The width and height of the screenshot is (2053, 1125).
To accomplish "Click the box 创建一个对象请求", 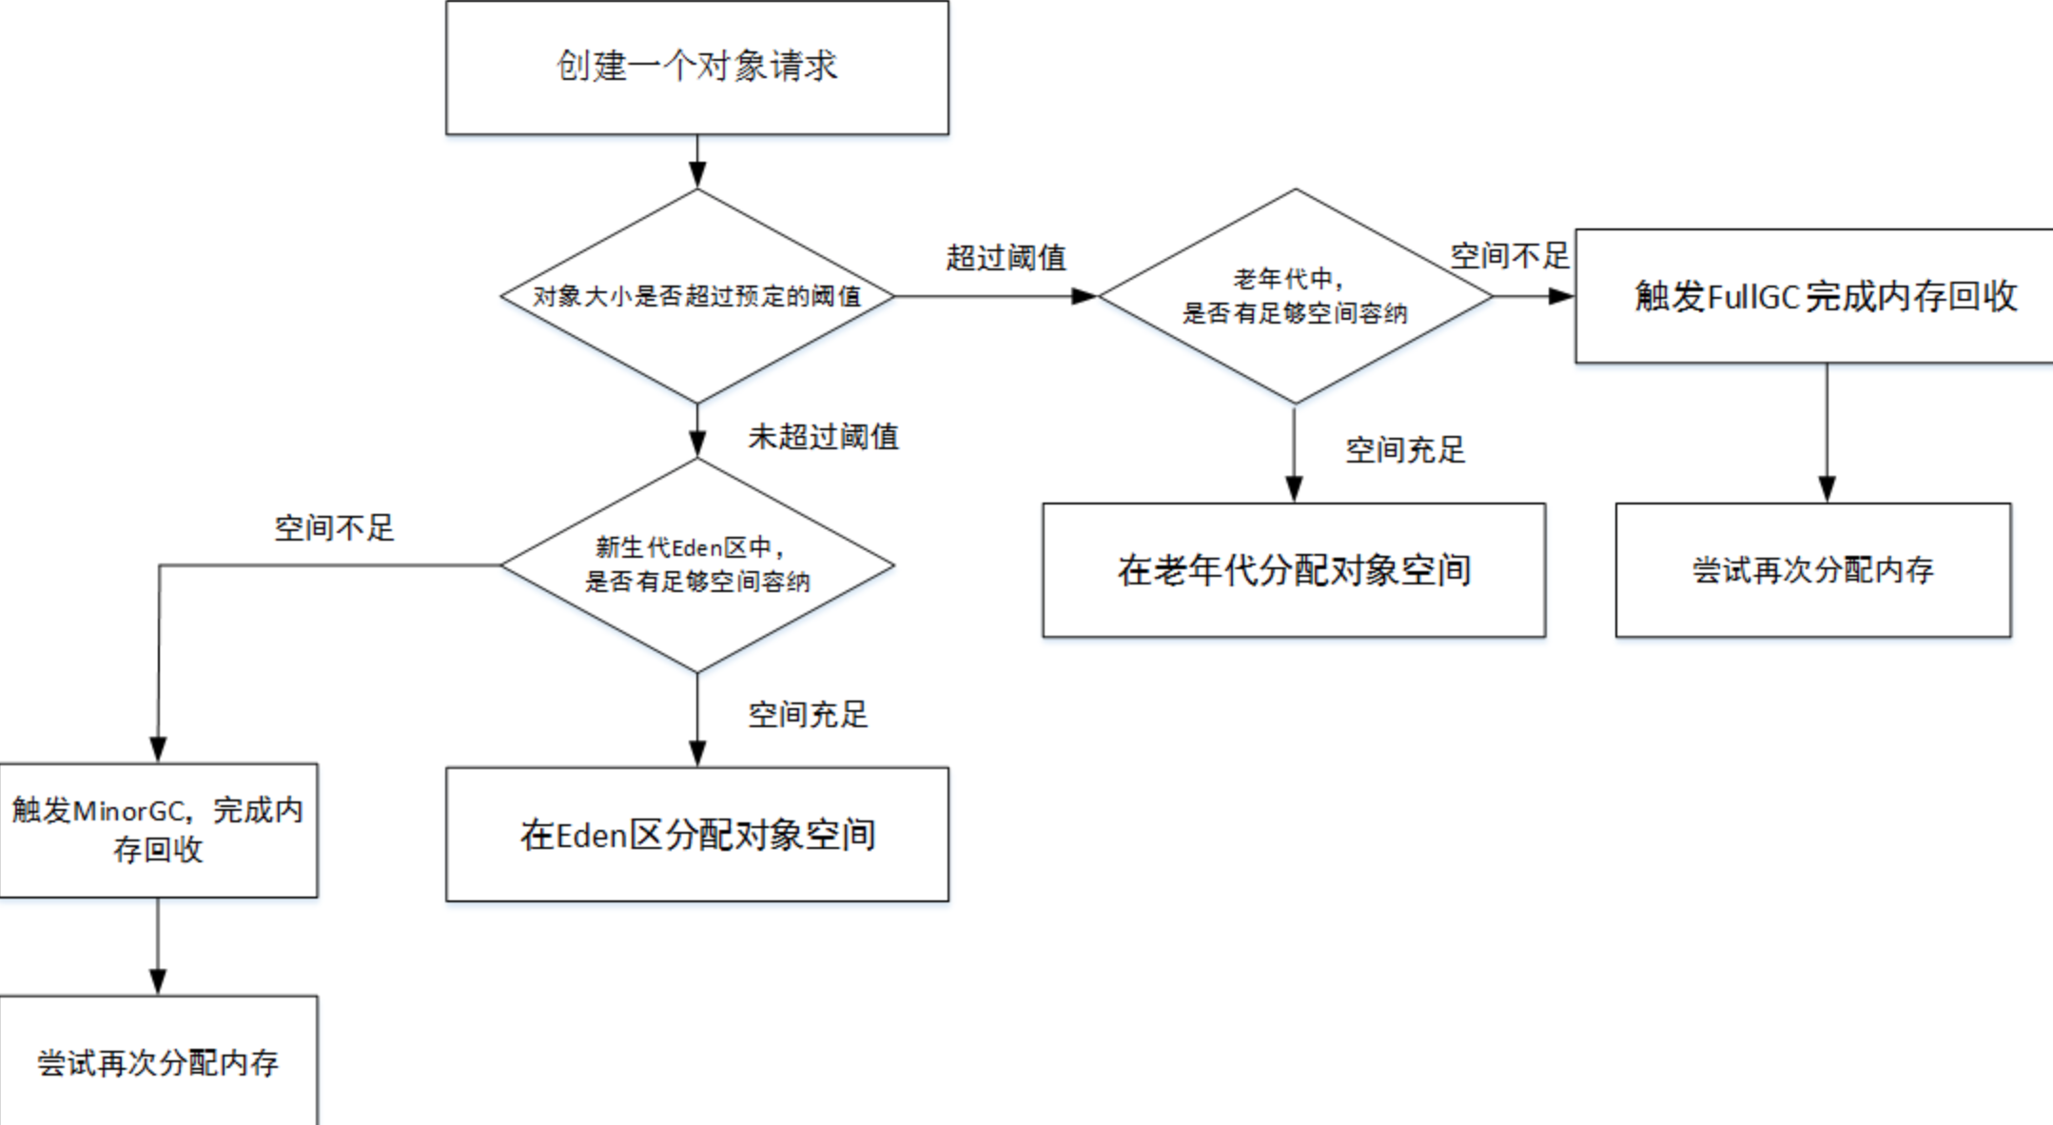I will (696, 67).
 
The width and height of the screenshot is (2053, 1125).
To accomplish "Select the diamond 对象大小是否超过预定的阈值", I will (696, 296).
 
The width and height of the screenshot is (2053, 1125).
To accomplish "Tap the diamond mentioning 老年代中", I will (1294, 296).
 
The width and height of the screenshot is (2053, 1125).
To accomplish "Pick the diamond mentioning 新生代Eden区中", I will (696, 564).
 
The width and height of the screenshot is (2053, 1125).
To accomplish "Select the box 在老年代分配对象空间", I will (1294, 570).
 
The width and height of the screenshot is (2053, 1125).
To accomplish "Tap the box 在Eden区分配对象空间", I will (696, 835).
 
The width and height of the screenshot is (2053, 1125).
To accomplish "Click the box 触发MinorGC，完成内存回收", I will (158, 830).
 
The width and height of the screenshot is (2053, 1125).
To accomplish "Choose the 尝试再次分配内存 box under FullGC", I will (1812, 570).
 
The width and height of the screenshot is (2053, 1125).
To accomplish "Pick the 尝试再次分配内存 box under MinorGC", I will (158, 1061).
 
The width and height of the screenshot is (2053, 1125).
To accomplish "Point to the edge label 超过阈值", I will (1006, 258).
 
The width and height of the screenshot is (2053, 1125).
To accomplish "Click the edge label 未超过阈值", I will (823, 437).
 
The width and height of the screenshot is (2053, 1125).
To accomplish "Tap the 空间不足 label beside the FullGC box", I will (1509, 256).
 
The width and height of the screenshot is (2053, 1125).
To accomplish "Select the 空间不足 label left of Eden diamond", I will (334, 528).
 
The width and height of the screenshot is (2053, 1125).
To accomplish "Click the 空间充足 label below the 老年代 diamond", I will (1404, 450).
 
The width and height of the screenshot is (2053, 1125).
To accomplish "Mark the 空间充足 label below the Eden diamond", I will (807, 715).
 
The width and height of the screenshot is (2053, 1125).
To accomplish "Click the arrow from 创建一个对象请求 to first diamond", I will (696, 160).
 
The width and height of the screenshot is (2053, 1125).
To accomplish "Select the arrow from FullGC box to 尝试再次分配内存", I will (1826, 433).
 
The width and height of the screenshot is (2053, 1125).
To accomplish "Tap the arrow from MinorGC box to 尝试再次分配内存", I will (158, 946).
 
